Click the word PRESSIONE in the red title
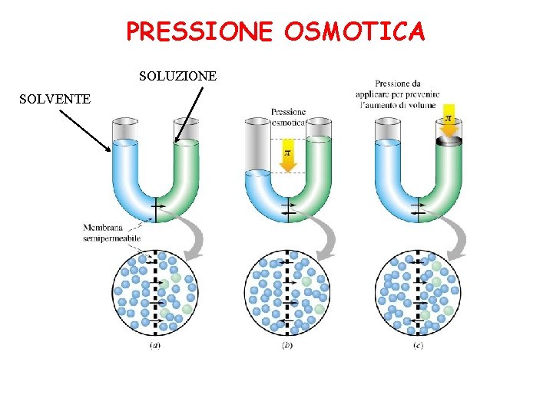[199, 31]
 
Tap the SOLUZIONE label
[177, 76]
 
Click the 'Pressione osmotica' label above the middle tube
[288, 117]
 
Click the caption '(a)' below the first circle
[155, 344]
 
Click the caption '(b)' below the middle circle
[286, 344]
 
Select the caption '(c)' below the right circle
[418, 344]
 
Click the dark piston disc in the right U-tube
[449, 142]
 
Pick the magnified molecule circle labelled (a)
[156, 294]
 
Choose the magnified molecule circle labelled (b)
[287, 294]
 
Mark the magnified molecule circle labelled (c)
[419, 294]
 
